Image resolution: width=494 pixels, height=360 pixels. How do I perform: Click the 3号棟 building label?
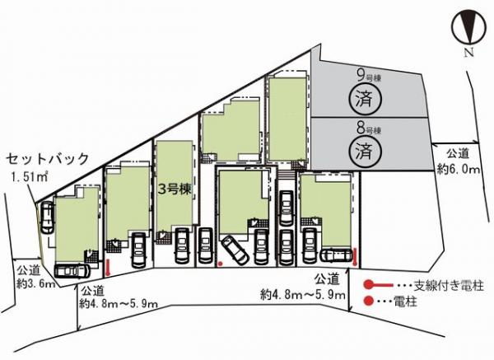coord(175,189)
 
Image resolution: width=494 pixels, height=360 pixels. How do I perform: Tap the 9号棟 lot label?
coord(369,77)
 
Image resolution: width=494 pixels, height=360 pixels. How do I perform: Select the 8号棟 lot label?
coord(369,129)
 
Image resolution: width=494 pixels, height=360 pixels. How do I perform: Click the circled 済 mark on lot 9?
coord(365,100)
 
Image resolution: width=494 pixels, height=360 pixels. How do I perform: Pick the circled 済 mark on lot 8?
coord(365,151)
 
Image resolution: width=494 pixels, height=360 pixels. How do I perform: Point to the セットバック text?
coord(47,158)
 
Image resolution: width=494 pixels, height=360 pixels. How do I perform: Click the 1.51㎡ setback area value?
coord(30,177)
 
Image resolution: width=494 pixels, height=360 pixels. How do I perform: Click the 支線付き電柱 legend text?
coord(449,285)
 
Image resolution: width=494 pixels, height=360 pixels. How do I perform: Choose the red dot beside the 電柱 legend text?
coord(368,301)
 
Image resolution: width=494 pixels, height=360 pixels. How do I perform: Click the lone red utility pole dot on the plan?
coord(221,264)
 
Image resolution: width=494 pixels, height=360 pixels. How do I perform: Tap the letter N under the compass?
coord(469,53)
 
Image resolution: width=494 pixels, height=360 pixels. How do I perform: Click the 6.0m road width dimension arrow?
coord(455,144)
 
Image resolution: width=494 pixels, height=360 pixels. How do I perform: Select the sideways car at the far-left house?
coord(72,270)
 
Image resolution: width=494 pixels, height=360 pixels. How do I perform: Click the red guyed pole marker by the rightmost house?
coord(355,257)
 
